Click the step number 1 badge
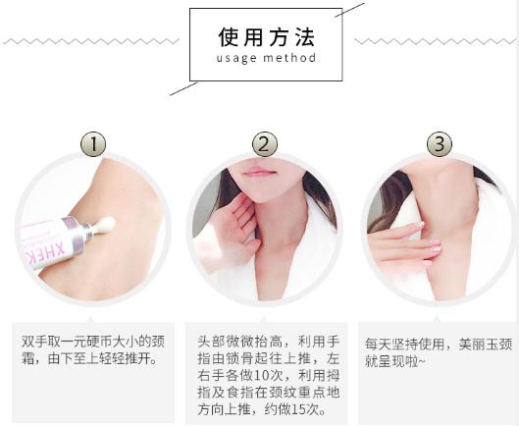pos(92,144)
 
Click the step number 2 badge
pos(264,144)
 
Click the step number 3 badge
pos(439,144)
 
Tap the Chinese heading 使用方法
pos(266,37)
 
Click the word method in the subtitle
pos(290,58)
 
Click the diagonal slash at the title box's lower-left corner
pos(183,88)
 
